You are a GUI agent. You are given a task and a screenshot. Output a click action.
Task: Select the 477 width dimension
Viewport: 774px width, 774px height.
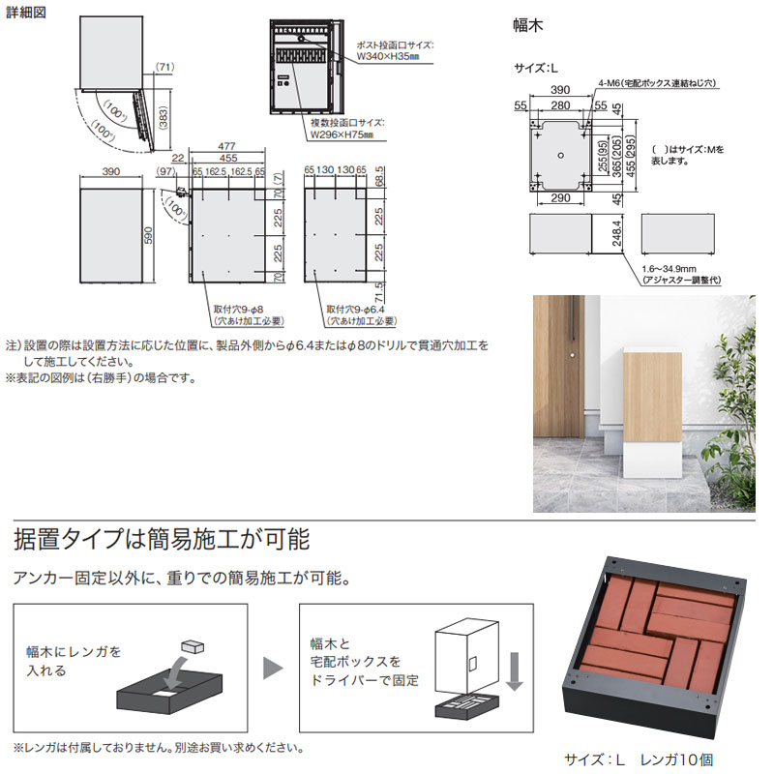[228, 146]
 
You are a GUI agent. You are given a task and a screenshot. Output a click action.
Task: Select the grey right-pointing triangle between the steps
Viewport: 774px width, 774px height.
[274, 667]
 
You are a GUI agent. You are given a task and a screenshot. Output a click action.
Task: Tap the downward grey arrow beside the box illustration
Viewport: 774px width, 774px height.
[515, 670]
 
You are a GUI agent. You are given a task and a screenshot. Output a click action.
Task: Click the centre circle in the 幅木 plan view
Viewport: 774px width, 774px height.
[561, 155]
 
